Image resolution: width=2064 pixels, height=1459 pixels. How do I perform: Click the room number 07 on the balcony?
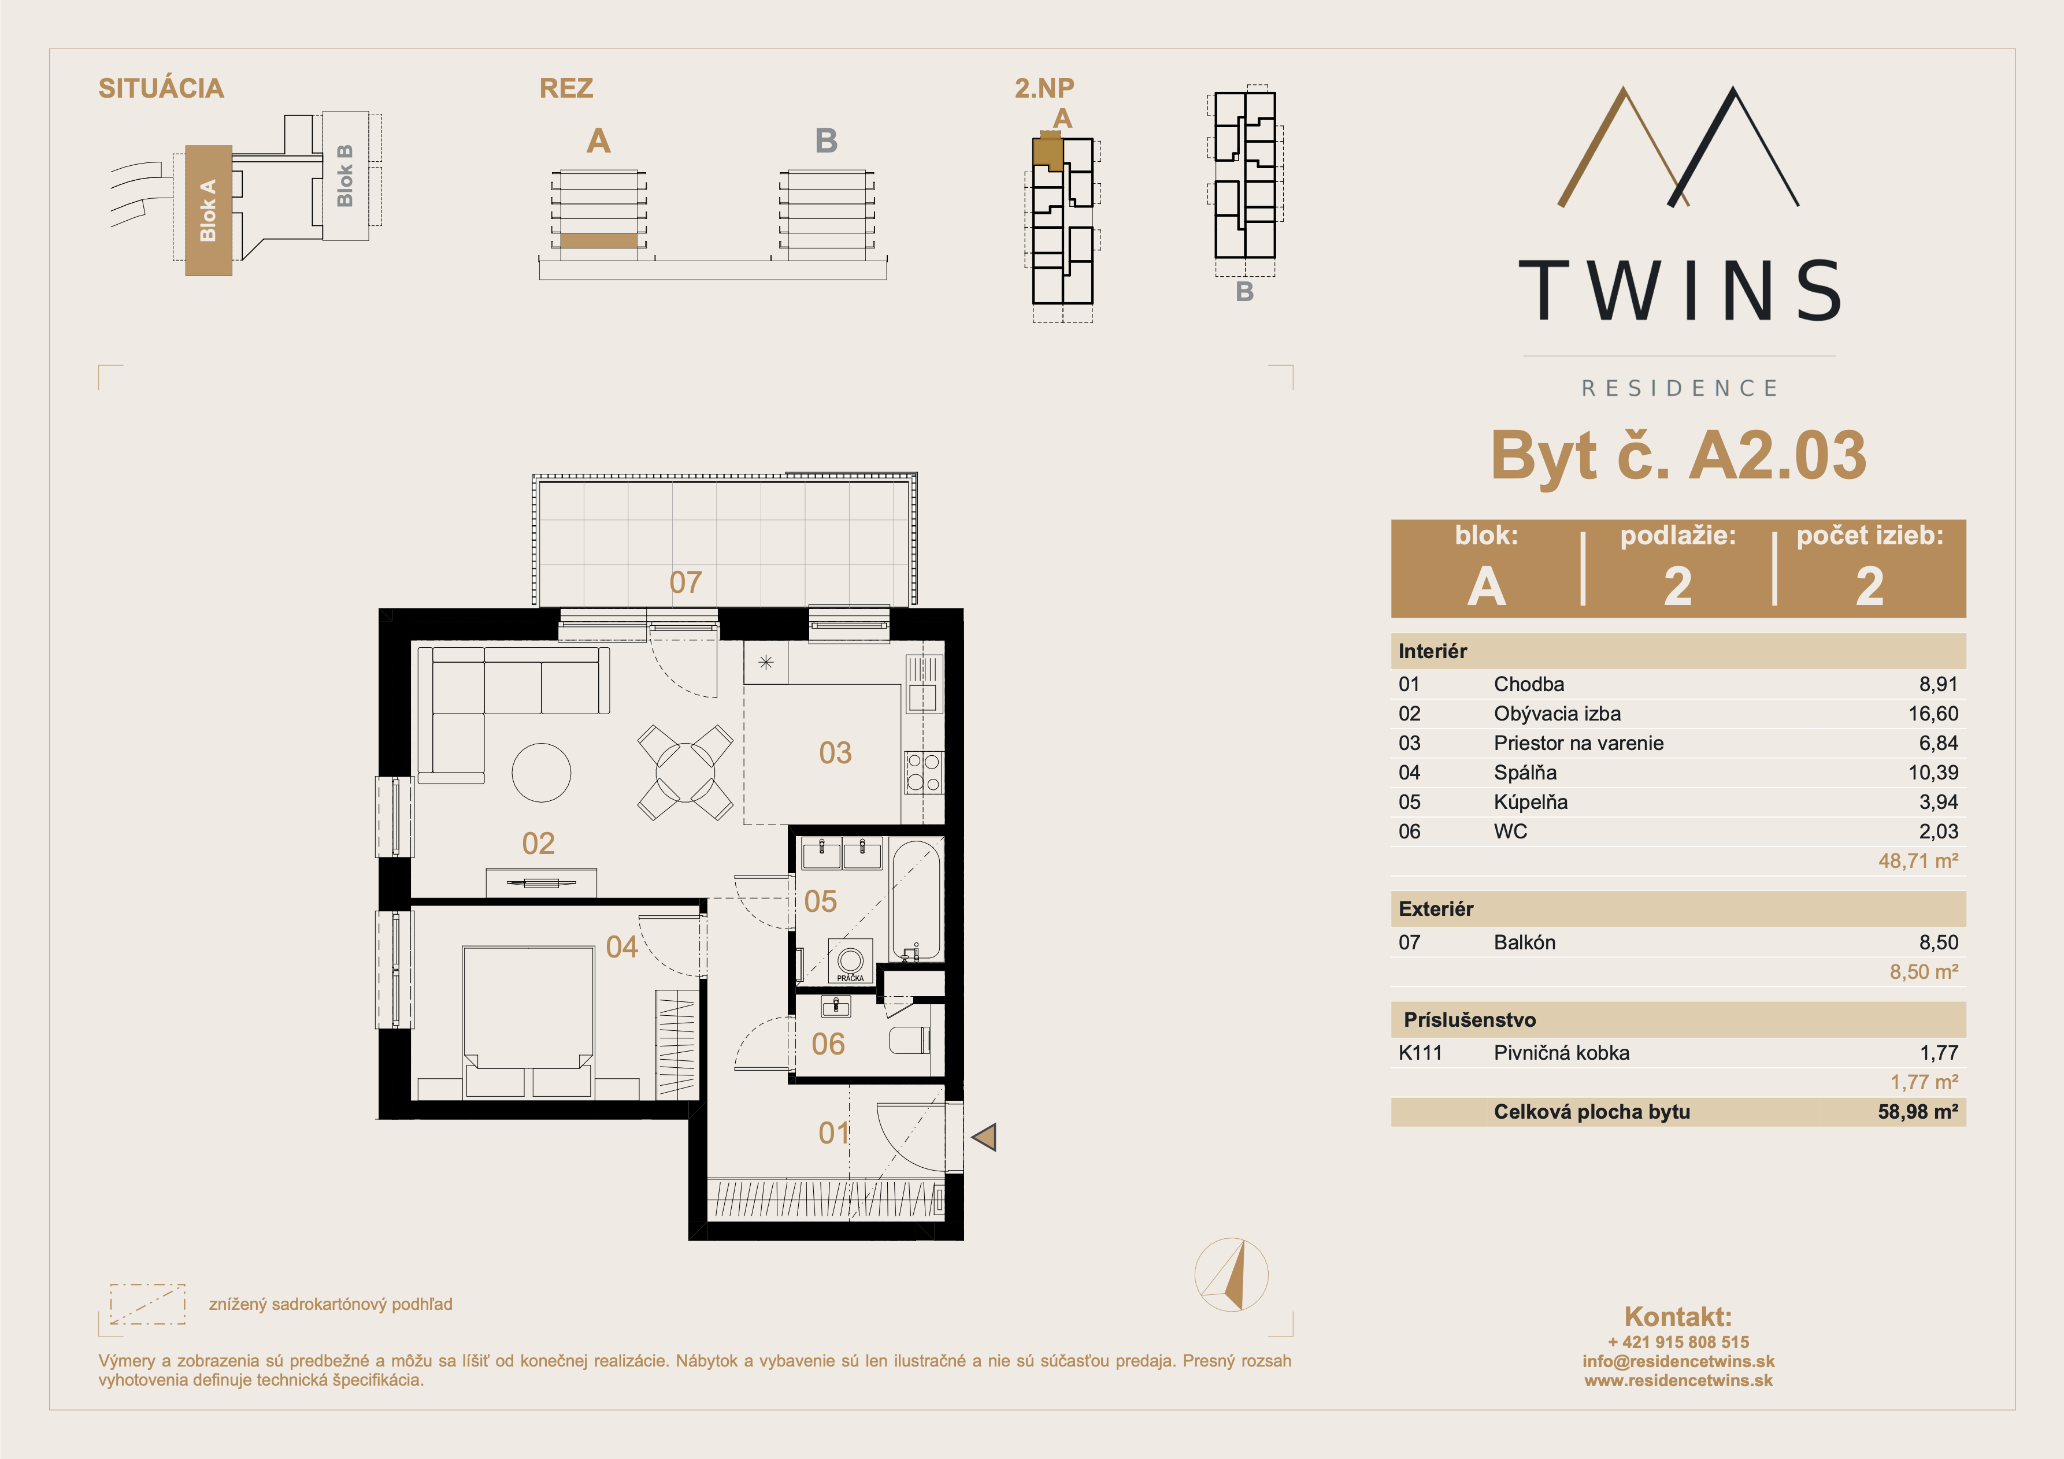point(685,582)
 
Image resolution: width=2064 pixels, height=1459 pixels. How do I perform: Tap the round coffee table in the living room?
point(541,772)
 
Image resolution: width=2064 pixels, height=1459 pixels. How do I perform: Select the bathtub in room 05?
point(917,900)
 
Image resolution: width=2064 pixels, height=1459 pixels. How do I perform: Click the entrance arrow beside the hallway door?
point(984,1137)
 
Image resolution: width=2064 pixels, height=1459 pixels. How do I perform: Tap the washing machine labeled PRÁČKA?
point(850,962)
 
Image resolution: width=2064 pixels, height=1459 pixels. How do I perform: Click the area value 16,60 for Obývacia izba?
point(1933,714)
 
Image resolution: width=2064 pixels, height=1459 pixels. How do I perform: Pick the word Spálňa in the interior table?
point(1525,772)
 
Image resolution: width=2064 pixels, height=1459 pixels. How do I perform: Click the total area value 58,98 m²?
point(1917,1112)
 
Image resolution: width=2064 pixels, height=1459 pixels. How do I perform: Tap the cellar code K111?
point(1420,1053)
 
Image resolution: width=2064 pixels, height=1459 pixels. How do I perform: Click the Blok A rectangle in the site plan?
point(209,210)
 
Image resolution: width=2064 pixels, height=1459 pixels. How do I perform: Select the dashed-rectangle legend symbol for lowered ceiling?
point(147,1304)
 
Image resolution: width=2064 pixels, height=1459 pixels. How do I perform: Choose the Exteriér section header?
point(1436,909)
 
